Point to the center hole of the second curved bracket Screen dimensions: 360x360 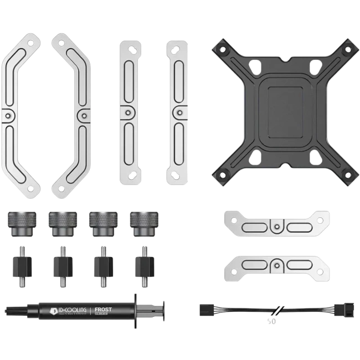81,115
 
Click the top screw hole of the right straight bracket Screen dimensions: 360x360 171,49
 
